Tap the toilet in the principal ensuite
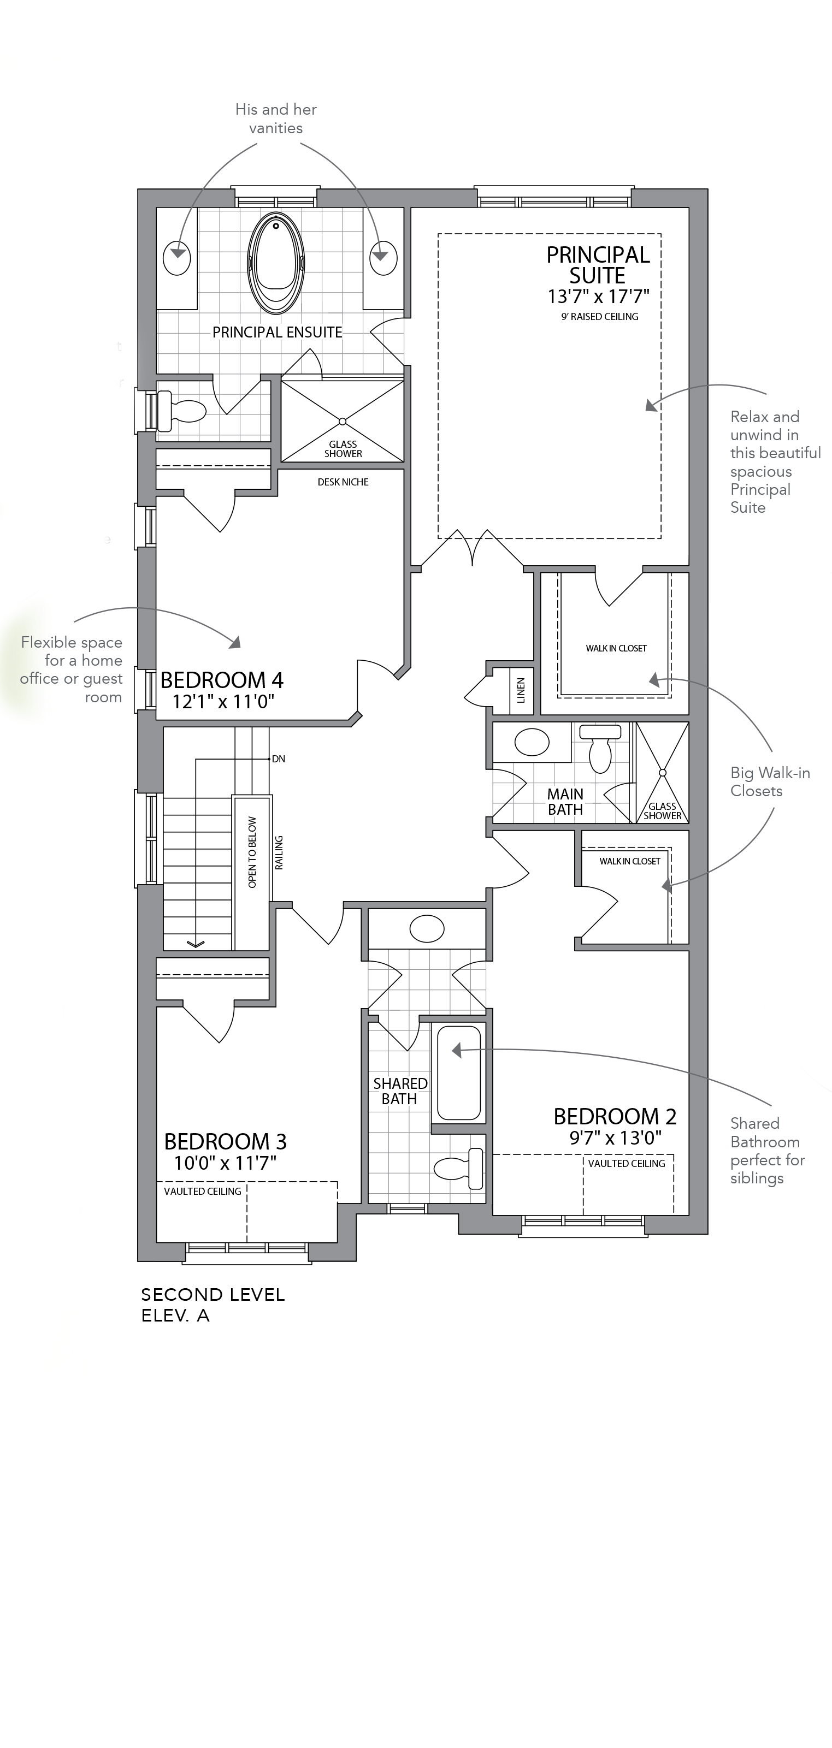181,411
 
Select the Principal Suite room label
598,265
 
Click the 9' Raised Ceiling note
600,316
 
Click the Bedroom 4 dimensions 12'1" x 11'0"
223,702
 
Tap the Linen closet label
521,690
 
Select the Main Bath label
565,802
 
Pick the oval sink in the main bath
532,742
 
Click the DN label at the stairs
278,759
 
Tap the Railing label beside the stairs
279,852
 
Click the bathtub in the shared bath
459,1072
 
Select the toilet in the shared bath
459,1169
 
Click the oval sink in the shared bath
427,928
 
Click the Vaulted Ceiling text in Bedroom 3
202,1191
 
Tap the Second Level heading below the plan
213,1295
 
